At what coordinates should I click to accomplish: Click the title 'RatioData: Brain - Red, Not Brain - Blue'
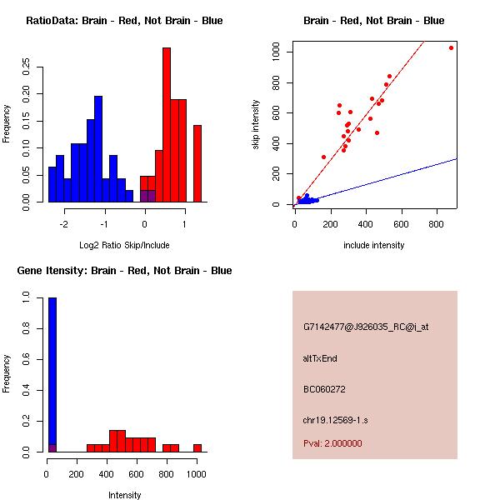pos(124,21)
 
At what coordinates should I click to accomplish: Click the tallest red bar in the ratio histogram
pos(167,125)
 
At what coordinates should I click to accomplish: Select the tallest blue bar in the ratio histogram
pos(98,150)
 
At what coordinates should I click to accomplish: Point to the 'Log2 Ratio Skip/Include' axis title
pos(124,245)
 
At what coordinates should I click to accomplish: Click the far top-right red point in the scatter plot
pos(451,48)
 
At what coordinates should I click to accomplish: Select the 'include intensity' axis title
pos(374,245)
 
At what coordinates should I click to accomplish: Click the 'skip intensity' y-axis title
pos(256,125)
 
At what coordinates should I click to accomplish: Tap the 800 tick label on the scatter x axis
pos(438,223)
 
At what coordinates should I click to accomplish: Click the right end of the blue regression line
pos(457,158)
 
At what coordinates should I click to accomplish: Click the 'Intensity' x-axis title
pos(124,495)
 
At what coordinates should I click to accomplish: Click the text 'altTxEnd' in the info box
pos(320,358)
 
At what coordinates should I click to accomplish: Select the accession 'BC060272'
pos(324,389)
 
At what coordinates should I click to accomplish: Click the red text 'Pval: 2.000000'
pos(332,443)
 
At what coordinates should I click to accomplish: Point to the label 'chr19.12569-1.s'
pos(335,419)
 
